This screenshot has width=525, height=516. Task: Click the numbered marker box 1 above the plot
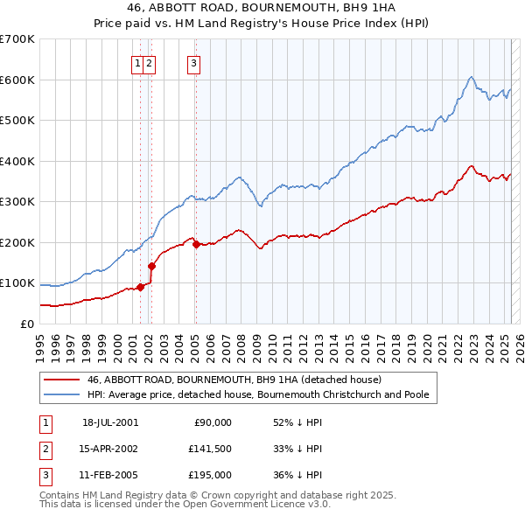(138, 62)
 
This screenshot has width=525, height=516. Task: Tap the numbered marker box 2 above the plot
(150, 62)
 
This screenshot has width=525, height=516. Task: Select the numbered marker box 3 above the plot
(193, 62)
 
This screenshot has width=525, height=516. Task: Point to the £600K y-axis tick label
(17, 80)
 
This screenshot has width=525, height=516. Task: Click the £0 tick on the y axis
(28, 324)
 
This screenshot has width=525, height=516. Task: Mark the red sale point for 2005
(196, 244)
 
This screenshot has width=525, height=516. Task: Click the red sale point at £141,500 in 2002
(151, 266)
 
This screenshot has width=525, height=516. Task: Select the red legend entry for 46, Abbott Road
(234, 380)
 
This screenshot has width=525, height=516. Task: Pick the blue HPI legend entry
(257, 395)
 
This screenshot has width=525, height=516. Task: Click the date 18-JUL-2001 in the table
(110, 422)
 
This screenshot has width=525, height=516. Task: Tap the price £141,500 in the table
(210, 449)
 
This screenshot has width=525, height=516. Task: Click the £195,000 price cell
(210, 475)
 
